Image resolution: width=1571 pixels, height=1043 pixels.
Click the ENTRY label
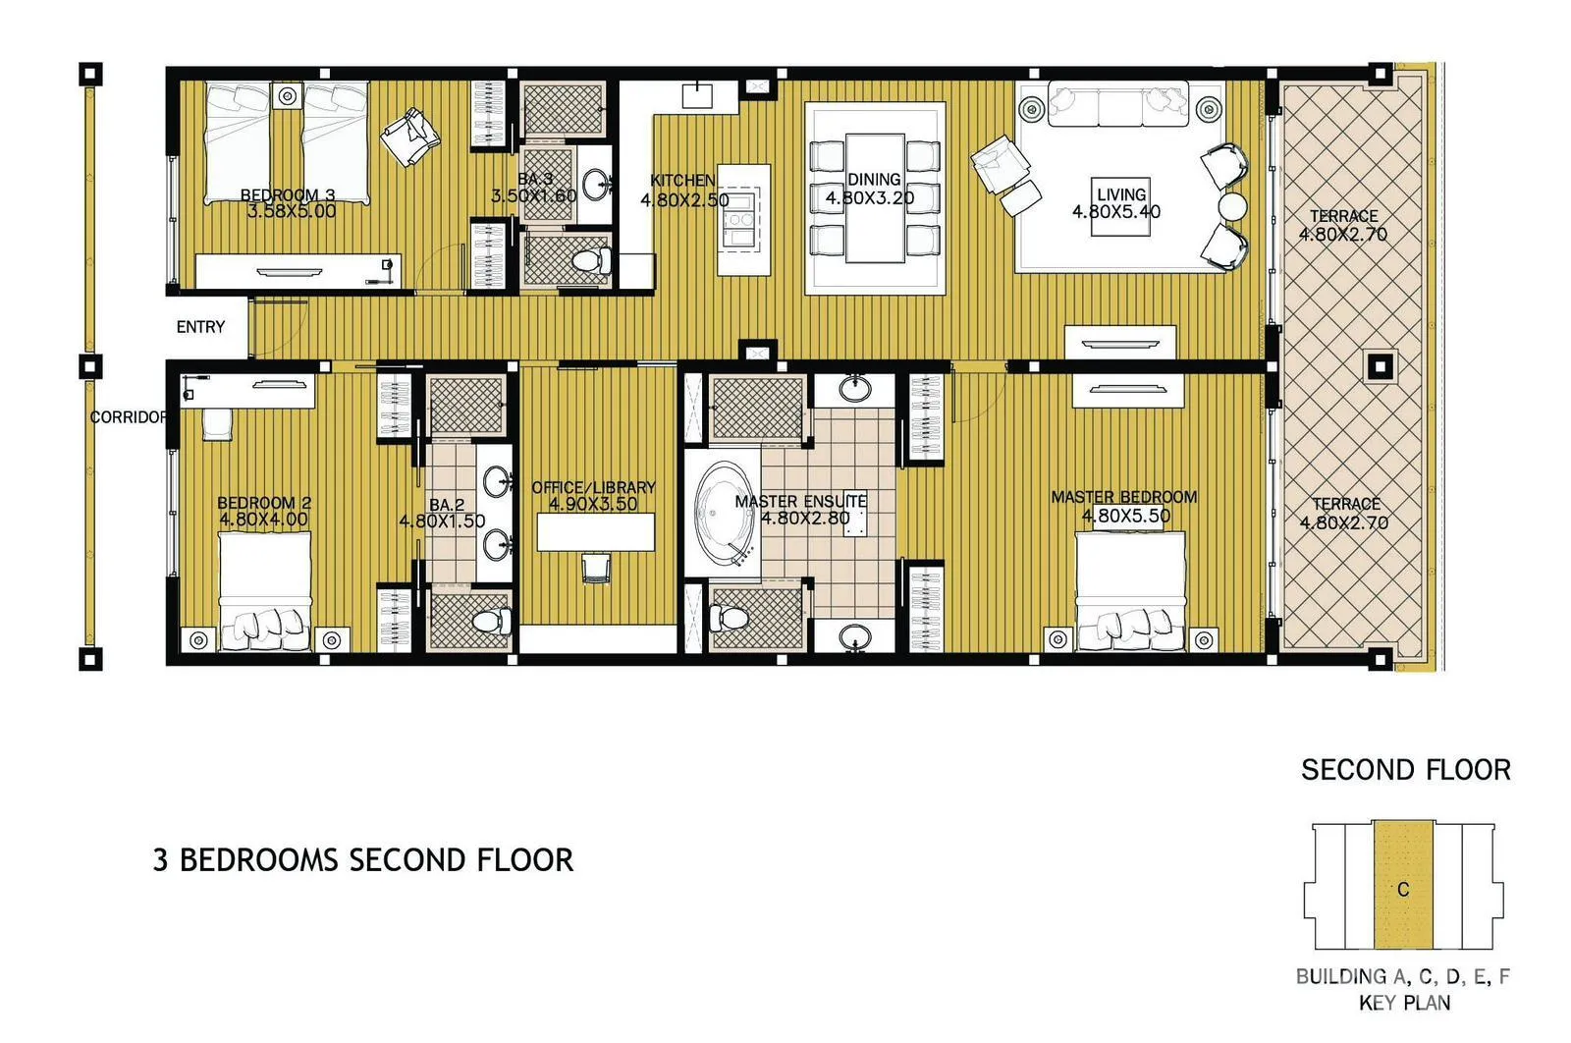[x=200, y=327]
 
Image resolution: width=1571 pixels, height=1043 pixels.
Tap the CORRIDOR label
[x=129, y=417]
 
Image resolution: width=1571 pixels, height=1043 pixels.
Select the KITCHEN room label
[x=683, y=181]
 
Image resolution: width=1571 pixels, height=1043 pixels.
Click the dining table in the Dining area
[x=875, y=197]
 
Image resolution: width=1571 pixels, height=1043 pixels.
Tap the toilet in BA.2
[x=492, y=621]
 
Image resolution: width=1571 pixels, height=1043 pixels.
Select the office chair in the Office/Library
[x=595, y=568]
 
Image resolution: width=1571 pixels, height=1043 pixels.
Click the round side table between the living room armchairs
[x=1232, y=206]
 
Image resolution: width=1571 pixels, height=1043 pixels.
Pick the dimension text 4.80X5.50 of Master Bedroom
[x=1125, y=516]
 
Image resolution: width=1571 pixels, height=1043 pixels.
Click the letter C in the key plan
[x=1403, y=890]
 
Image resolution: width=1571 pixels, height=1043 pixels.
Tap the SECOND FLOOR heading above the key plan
[x=1405, y=770]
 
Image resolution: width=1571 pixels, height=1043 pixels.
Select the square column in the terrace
[x=1381, y=366]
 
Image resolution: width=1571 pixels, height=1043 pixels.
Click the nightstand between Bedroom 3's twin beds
[x=287, y=97]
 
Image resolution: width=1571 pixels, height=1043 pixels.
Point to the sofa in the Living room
[x=1118, y=104]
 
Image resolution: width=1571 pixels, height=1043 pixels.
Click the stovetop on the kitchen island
[x=740, y=219]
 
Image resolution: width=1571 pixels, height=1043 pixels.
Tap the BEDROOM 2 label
[x=264, y=502]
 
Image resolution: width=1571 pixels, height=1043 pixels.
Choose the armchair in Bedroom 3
[x=410, y=137]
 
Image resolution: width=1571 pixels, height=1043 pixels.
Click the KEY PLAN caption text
[x=1404, y=1003]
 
